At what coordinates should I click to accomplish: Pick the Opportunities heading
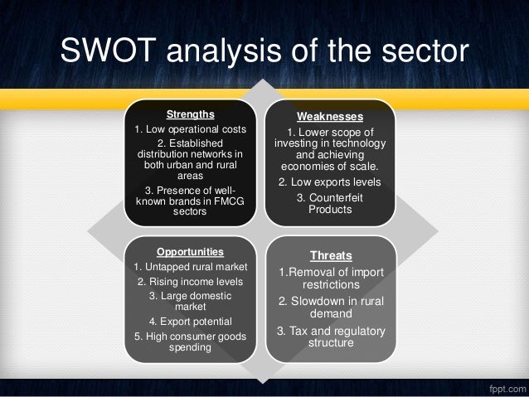pyautogui.click(x=190, y=250)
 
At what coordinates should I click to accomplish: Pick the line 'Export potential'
pyautogui.click(x=190, y=321)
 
